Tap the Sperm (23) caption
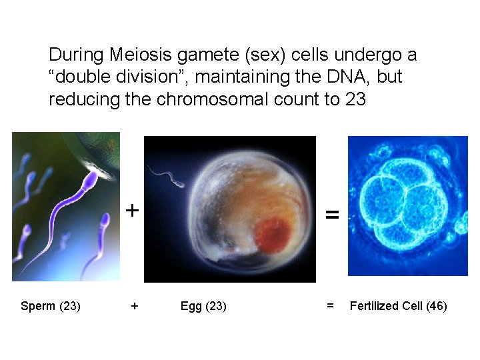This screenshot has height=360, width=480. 51,306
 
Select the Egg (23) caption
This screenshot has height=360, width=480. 203,306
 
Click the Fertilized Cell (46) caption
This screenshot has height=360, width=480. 398,306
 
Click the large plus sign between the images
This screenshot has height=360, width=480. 133,211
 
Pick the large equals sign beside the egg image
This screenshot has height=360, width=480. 331,215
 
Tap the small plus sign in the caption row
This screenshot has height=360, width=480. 135,306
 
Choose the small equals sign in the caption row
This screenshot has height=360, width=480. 330,306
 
